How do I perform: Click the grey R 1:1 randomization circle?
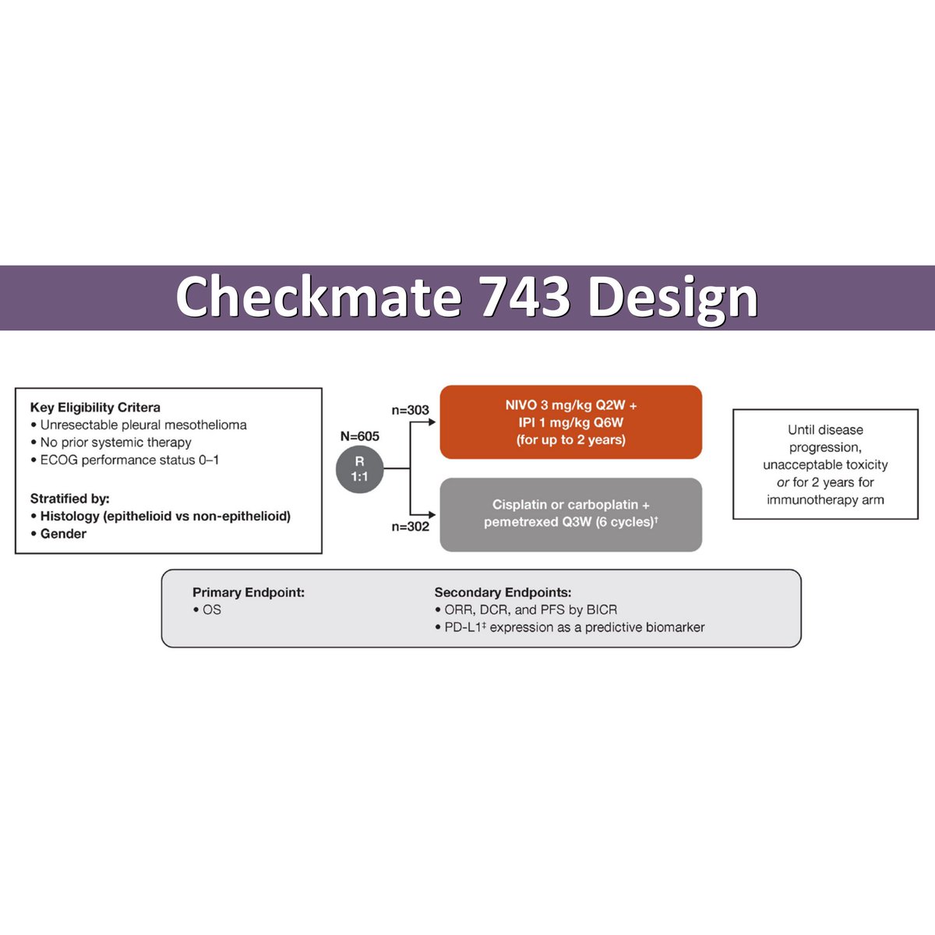coord(359,469)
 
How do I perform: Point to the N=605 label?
coord(359,436)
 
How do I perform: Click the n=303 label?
coord(410,410)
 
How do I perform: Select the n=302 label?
coord(410,527)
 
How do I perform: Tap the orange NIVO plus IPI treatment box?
coord(570,422)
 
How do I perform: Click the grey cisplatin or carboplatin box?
coord(570,514)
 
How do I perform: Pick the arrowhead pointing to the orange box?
coord(432,422)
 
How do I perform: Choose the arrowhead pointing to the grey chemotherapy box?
coord(432,514)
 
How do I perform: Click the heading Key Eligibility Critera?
coord(95,408)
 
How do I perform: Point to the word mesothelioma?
coord(206,425)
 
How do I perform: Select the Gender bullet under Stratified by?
coord(63,534)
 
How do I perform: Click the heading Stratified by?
coord(70,499)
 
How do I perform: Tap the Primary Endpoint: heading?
coord(249,593)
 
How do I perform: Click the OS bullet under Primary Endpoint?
coord(211,610)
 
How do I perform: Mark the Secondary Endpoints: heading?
coord(503,593)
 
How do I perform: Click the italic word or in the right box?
coord(782,482)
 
